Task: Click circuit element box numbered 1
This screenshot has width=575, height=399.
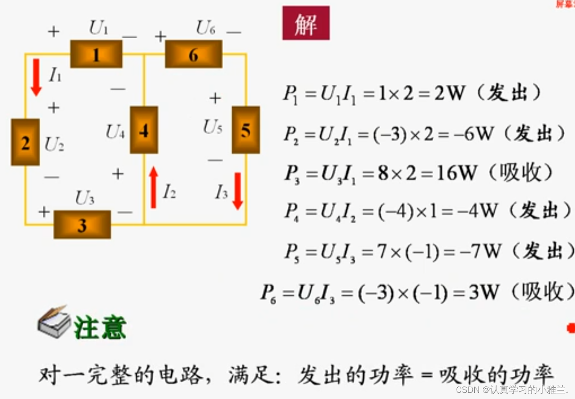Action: pos(96,54)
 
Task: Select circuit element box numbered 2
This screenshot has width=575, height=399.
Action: pos(26,143)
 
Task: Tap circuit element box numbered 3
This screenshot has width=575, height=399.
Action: pos(82,225)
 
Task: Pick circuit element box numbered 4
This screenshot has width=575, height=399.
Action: pos(144,130)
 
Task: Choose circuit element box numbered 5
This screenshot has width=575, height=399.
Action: pos(245,130)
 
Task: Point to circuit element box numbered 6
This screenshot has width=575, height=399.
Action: pos(193,54)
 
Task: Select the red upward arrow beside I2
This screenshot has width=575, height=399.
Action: pos(153,187)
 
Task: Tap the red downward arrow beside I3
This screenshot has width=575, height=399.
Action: pos(238,191)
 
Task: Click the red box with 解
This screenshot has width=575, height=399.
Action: pos(306,23)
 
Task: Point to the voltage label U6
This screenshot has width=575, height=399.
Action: pos(206,29)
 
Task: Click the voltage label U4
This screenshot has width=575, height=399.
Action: pos(115,132)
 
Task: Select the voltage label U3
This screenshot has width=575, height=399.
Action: pos(85,199)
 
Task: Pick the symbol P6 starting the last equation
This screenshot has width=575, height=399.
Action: pos(269,293)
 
